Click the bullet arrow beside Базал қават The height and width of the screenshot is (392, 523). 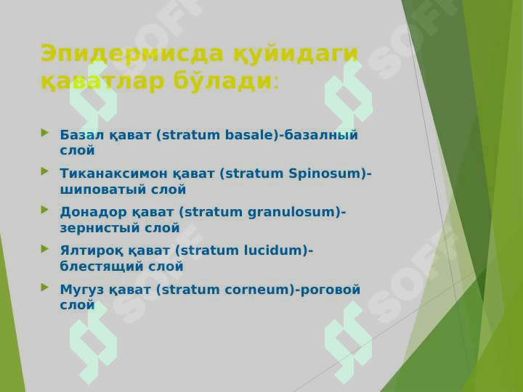45,133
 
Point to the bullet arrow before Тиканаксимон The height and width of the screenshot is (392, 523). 45,171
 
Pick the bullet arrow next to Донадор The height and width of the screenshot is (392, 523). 45,210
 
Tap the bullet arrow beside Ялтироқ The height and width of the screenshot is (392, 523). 45,249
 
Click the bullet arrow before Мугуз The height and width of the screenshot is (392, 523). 45,287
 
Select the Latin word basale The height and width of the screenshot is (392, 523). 249,135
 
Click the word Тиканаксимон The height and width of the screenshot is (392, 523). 113,173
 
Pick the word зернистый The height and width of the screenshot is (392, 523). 100,229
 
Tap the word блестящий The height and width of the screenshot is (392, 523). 102,266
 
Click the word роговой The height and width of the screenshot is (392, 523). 331,290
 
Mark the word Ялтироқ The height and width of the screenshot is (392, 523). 92,251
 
